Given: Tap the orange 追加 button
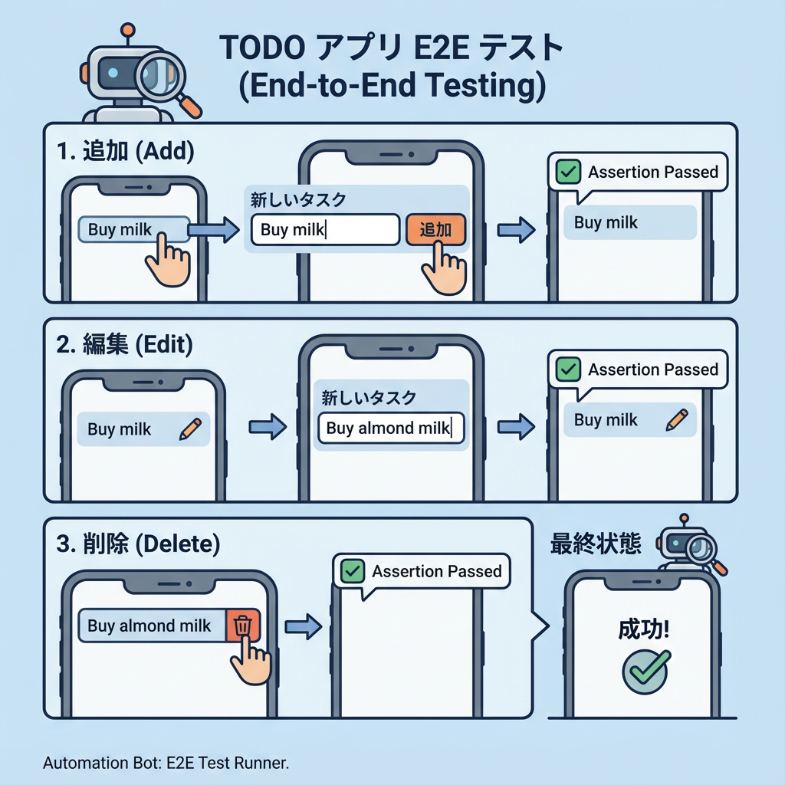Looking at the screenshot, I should pyautogui.click(x=435, y=230).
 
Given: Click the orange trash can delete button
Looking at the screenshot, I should pyautogui.click(x=244, y=626).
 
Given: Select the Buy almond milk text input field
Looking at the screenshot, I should pyautogui.click(x=391, y=429).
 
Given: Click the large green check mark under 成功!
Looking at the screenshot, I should pyautogui.click(x=645, y=668).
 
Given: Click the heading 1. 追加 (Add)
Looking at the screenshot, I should pyautogui.click(x=126, y=151).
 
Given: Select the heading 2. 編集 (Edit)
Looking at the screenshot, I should pyautogui.click(x=125, y=345).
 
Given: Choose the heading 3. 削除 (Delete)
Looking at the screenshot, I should pyautogui.click(x=139, y=545).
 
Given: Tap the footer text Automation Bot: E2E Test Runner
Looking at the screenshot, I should pyautogui.click(x=166, y=764).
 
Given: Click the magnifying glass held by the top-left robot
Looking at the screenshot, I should pyautogui.click(x=163, y=79).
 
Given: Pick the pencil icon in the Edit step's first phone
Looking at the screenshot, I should pyautogui.click(x=189, y=429).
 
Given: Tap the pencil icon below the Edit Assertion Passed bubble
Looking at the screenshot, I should pyautogui.click(x=677, y=419).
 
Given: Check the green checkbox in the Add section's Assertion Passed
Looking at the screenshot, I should pyautogui.click(x=568, y=172).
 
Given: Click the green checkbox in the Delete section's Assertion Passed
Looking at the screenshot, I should pyautogui.click(x=353, y=571).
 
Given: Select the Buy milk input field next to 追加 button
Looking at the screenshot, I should pyautogui.click(x=325, y=230).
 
